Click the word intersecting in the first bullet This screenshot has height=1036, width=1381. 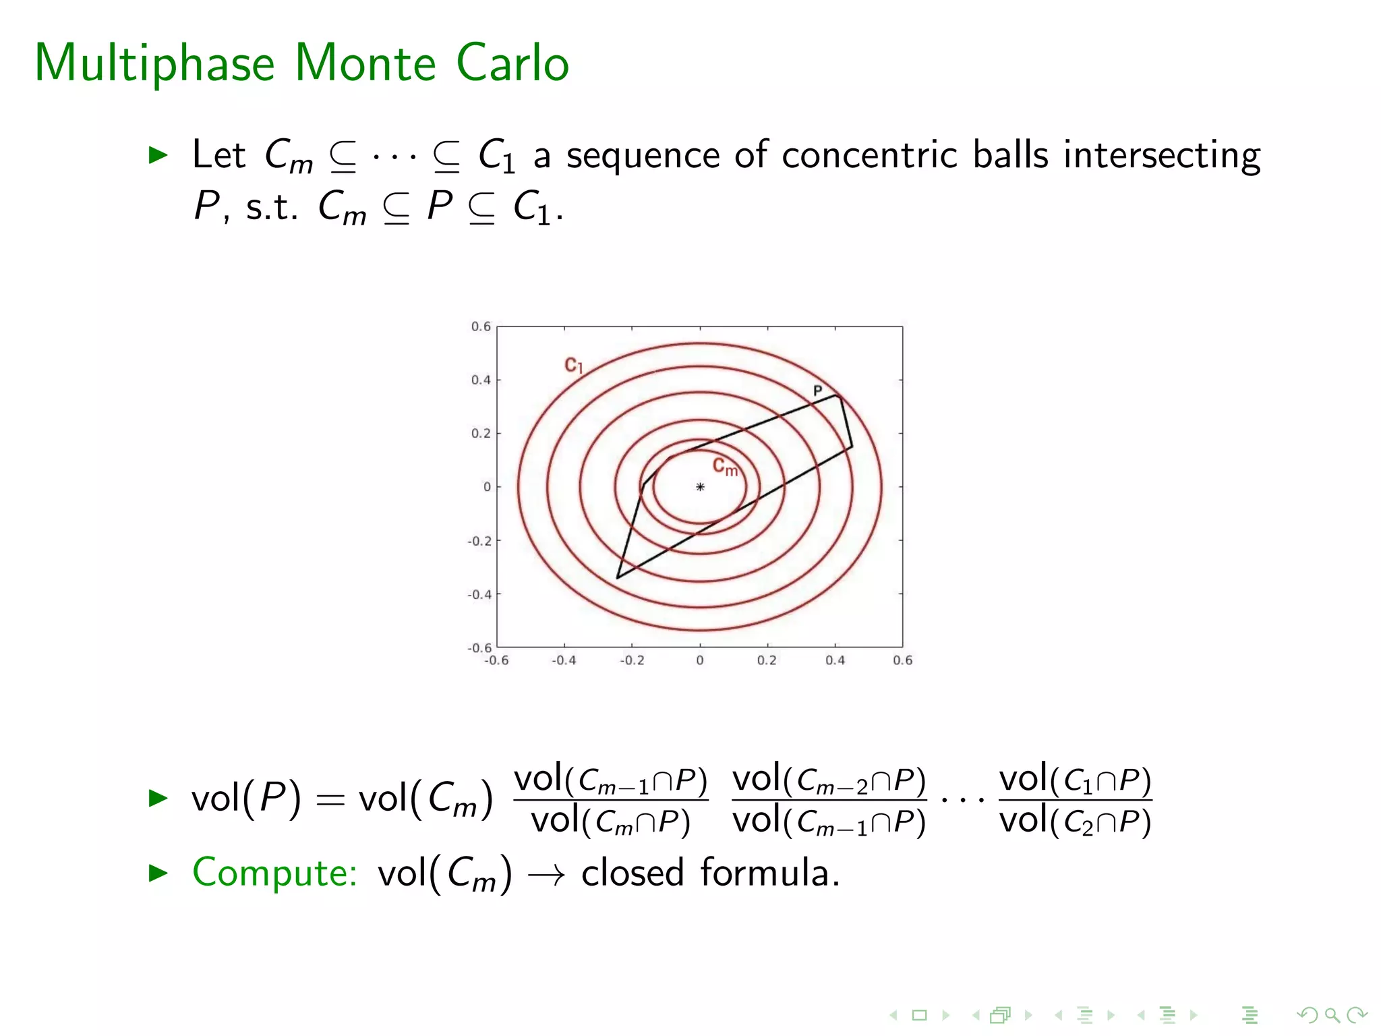pyautogui.click(x=1161, y=156)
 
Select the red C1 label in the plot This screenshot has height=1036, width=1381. pyautogui.click(x=573, y=366)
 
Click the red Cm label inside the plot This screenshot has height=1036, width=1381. pyautogui.click(x=725, y=467)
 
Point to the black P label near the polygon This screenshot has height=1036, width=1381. pyautogui.click(x=817, y=391)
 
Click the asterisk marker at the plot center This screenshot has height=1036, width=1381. pyautogui.click(x=700, y=487)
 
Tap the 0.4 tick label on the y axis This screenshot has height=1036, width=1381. pyautogui.click(x=481, y=380)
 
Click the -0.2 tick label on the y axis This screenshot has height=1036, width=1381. pyautogui.click(x=479, y=541)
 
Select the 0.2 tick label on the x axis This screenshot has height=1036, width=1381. pyautogui.click(x=767, y=660)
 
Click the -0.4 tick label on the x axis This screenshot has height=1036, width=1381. pyautogui.click(x=564, y=660)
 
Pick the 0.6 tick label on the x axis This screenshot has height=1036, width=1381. pyautogui.click(x=902, y=660)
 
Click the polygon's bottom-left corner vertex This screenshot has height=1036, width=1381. pyautogui.click(x=617, y=578)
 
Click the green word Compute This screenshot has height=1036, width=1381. pyautogui.click(x=274, y=873)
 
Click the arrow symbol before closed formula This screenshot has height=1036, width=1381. pyautogui.click(x=546, y=875)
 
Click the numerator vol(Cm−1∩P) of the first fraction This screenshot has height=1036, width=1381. pyautogui.click(x=610, y=780)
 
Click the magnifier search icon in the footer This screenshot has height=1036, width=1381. pyautogui.click(x=1331, y=1014)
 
